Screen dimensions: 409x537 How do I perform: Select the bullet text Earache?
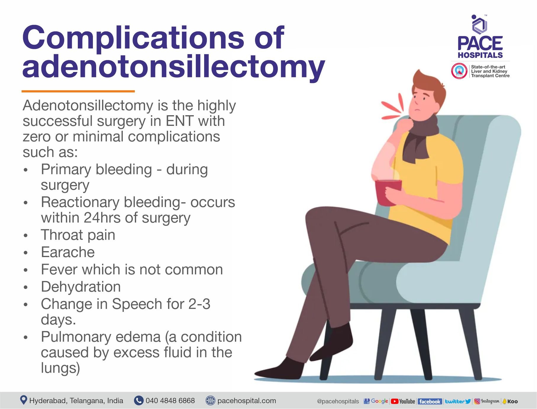(68, 252)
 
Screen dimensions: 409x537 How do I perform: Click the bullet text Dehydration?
(81, 287)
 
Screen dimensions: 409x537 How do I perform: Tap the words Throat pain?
(78, 235)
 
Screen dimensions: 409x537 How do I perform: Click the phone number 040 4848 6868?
(170, 401)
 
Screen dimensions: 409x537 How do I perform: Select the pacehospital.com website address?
(246, 401)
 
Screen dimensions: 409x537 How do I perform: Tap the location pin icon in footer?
(23, 400)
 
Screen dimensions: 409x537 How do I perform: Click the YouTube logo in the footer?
(403, 401)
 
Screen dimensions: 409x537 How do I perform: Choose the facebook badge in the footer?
(430, 401)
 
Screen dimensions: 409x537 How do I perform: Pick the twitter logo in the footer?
(458, 401)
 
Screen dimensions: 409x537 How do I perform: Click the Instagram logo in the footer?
(487, 401)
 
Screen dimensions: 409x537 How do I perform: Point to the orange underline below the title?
(78, 91)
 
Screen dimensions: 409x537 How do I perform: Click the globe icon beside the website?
(210, 400)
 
